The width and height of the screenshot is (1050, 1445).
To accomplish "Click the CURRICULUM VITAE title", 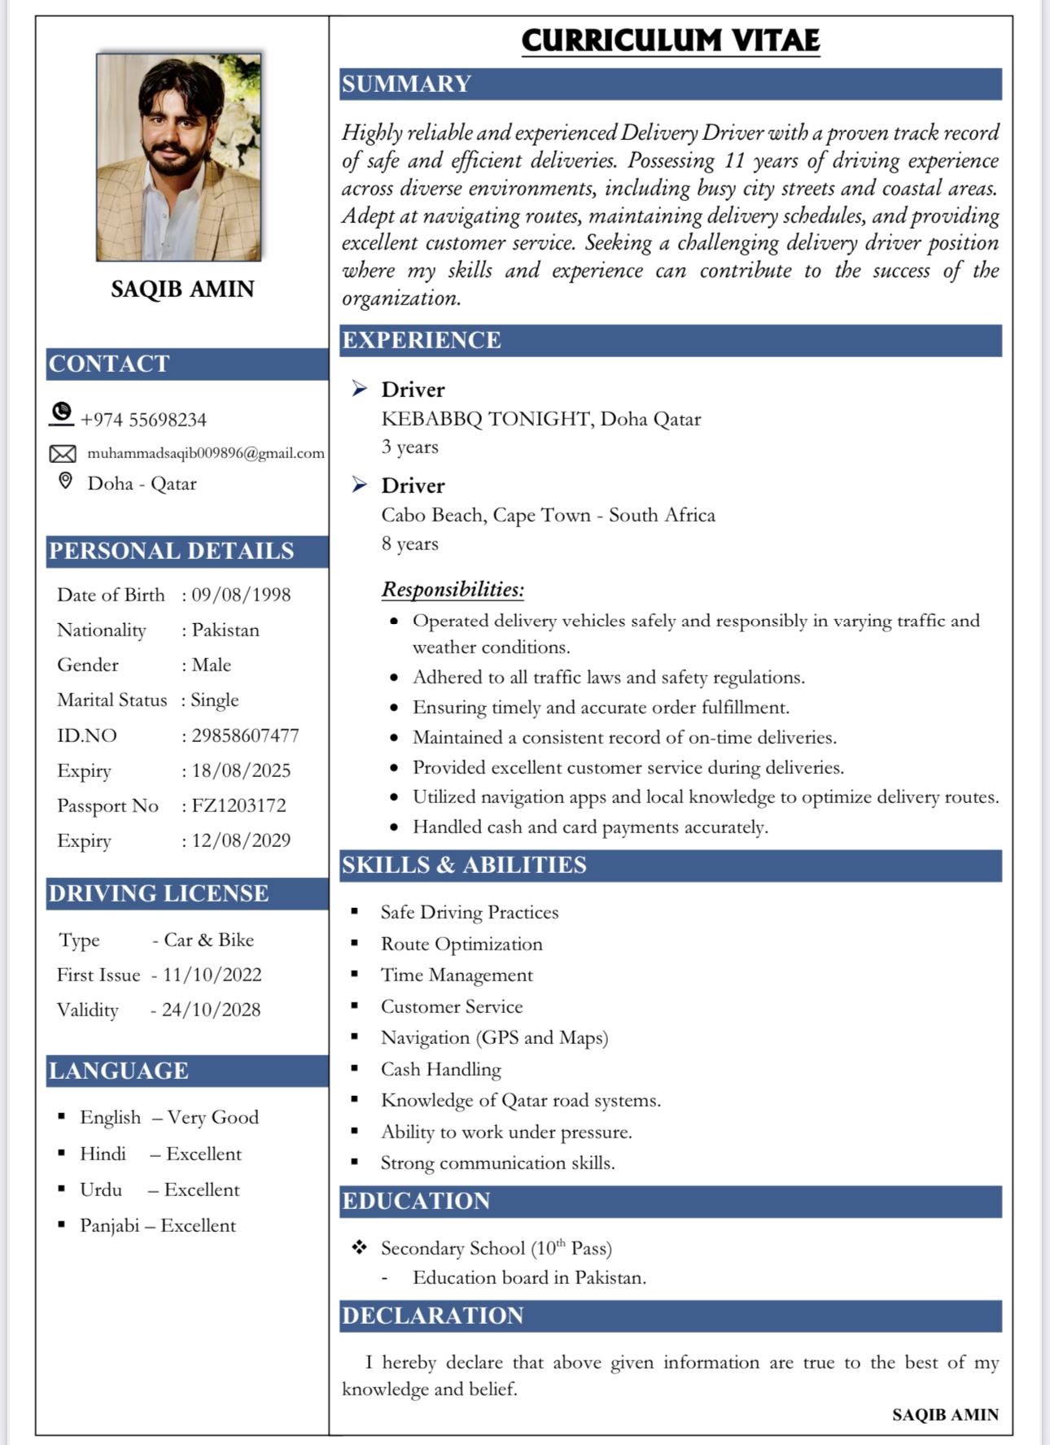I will (x=671, y=41).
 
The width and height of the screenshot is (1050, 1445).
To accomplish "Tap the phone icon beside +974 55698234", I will (x=61, y=413).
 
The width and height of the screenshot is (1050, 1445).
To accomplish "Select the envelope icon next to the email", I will (x=63, y=453).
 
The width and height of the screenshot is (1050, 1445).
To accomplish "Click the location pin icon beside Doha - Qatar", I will (x=66, y=481).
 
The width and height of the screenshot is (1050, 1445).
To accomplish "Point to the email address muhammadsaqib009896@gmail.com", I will (x=206, y=453).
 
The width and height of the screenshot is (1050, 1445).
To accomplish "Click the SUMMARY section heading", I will (x=406, y=84).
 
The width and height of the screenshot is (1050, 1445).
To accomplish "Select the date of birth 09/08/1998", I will (x=241, y=595).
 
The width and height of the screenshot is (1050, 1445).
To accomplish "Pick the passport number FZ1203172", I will (x=238, y=805).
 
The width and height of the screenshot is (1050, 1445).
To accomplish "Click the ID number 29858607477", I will (x=245, y=736).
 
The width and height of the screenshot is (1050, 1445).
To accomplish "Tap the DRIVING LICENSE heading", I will (x=159, y=893).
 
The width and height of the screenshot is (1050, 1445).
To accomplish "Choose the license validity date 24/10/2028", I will (x=211, y=1010).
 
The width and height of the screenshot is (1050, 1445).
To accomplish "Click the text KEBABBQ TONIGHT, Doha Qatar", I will (x=540, y=419).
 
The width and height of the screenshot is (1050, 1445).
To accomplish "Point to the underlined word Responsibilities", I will (x=453, y=589).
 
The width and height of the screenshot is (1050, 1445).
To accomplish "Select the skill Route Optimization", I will (x=462, y=944).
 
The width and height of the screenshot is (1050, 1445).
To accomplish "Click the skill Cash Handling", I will (x=441, y=1069).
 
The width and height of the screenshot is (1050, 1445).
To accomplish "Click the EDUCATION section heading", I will (x=416, y=1201).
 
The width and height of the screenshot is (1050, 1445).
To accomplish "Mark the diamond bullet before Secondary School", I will (x=359, y=1247).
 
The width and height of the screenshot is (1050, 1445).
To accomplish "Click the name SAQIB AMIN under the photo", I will (x=182, y=289).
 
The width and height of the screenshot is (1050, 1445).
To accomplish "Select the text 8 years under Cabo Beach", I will (x=409, y=544).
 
